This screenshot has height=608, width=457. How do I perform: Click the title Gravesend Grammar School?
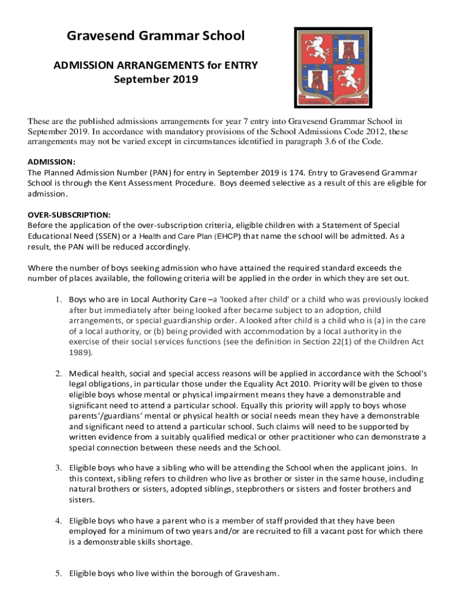155,36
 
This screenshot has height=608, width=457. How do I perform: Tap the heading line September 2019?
155,79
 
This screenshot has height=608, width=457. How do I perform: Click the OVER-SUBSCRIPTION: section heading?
69,215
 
